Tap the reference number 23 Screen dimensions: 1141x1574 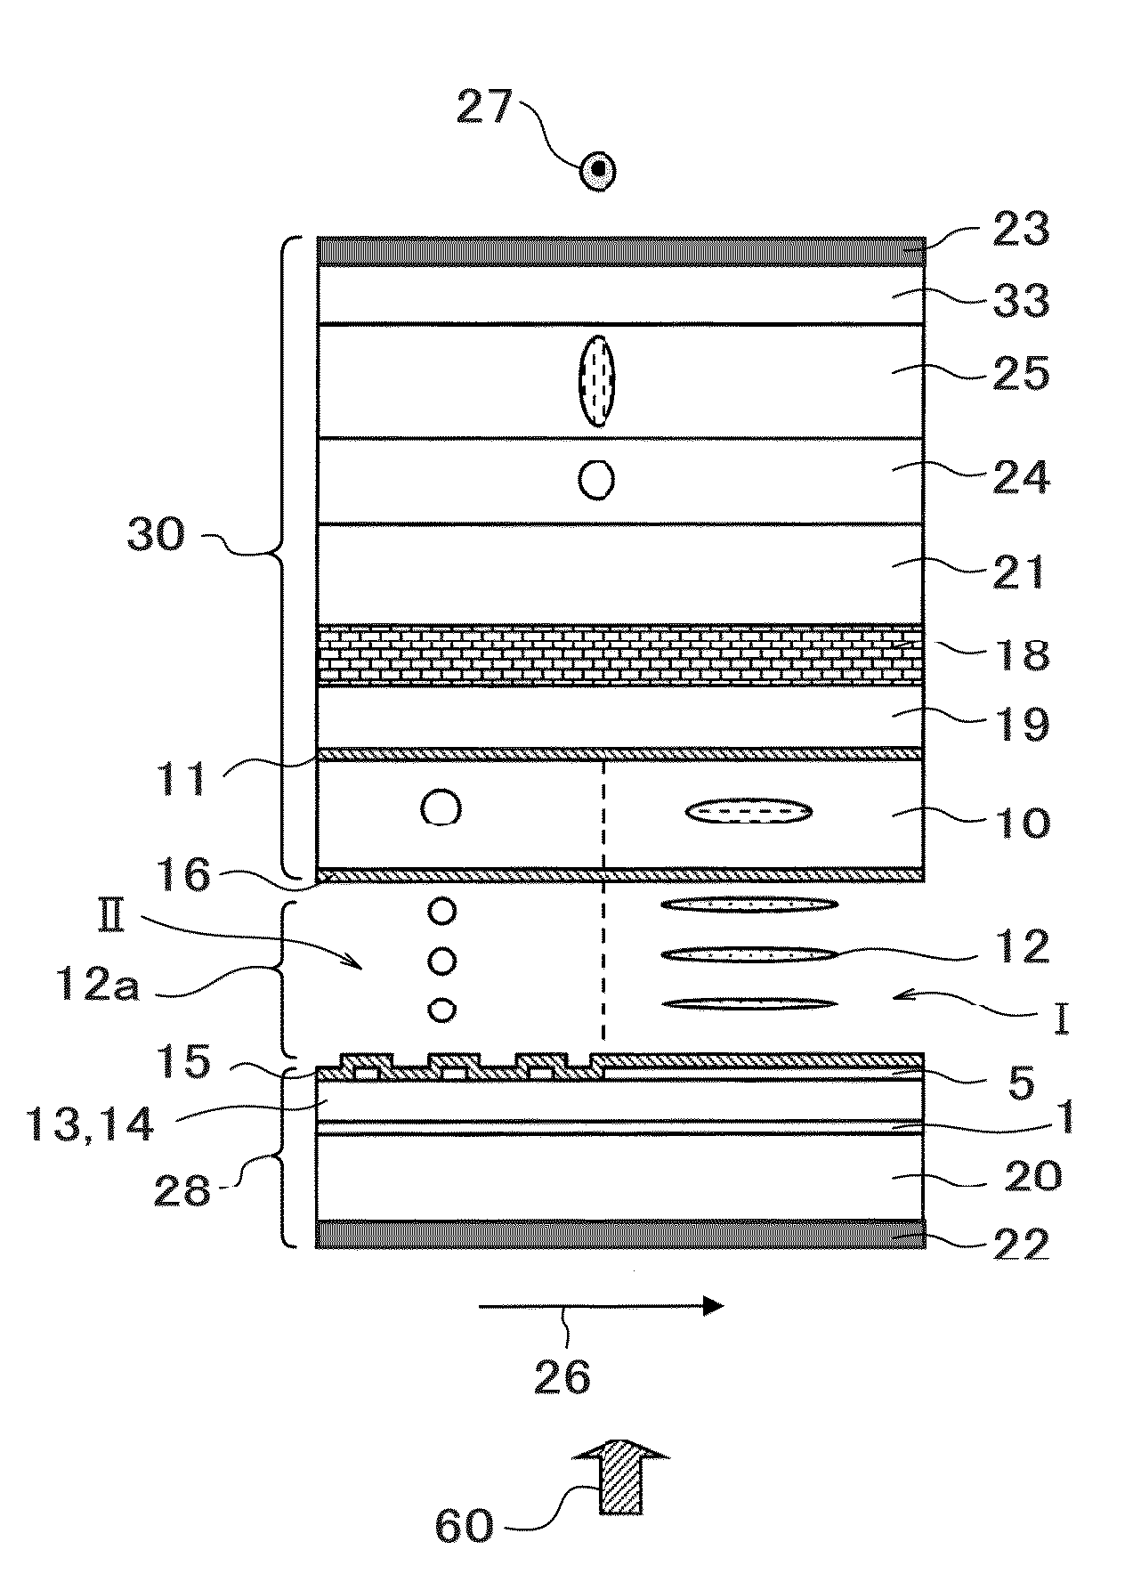pos(1021,229)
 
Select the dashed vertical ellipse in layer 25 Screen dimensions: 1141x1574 pos(596,381)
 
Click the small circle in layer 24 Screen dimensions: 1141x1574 pos(596,481)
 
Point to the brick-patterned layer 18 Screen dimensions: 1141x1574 pos(621,655)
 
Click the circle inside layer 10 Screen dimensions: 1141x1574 pos(441,809)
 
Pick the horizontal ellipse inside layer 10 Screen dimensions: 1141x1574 pos(749,811)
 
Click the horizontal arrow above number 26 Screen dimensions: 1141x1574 pos(601,1306)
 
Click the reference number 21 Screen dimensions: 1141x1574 pos(1021,572)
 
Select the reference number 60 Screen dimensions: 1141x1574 pos(464,1526)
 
